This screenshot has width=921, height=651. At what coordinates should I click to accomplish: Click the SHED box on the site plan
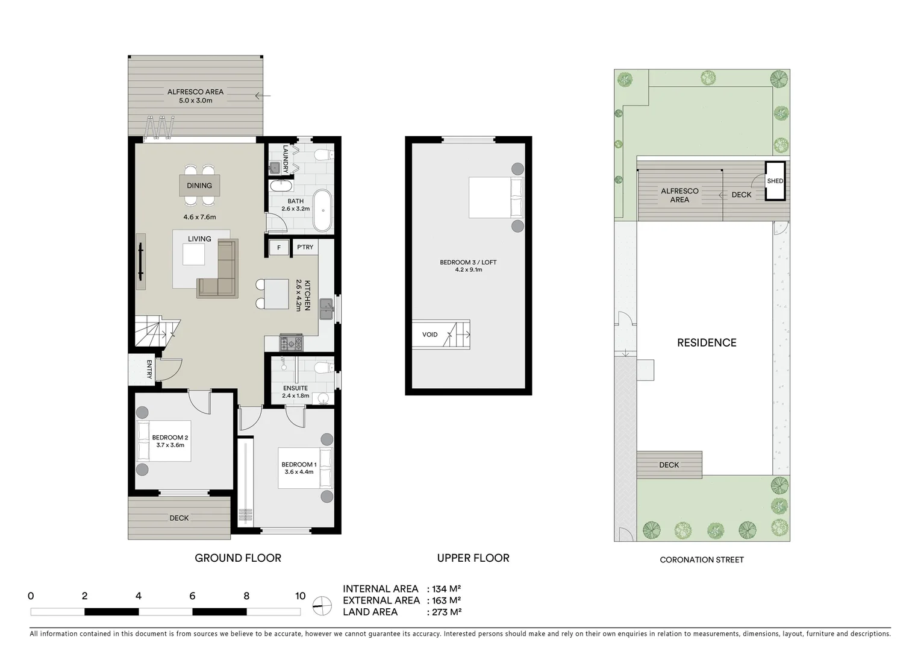775,181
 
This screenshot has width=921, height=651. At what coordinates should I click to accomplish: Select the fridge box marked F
279,247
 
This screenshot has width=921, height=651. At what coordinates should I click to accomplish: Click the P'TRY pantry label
305,247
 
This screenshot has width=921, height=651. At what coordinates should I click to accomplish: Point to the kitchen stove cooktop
292,343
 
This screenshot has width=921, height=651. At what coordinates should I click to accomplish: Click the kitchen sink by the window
326,309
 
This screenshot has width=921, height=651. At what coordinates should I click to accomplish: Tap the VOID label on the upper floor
430,335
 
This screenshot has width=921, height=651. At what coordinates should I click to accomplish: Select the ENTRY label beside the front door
149,368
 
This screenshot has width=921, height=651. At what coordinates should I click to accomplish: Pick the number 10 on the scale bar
300,596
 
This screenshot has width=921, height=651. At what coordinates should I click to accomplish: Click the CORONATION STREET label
702,560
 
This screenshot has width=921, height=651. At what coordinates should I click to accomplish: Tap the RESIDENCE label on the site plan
707,342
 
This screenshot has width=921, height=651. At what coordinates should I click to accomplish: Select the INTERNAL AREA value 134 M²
446,589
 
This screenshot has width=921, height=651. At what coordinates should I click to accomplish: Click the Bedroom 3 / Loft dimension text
468,270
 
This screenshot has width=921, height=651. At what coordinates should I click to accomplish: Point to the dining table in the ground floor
199,186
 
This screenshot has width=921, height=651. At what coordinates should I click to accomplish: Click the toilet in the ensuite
324,367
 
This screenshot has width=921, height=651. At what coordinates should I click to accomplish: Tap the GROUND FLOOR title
238,558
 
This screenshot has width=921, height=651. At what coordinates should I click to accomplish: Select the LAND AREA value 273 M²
446,612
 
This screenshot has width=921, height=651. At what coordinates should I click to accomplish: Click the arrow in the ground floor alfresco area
263,95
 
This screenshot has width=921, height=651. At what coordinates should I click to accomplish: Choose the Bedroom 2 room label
170,438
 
